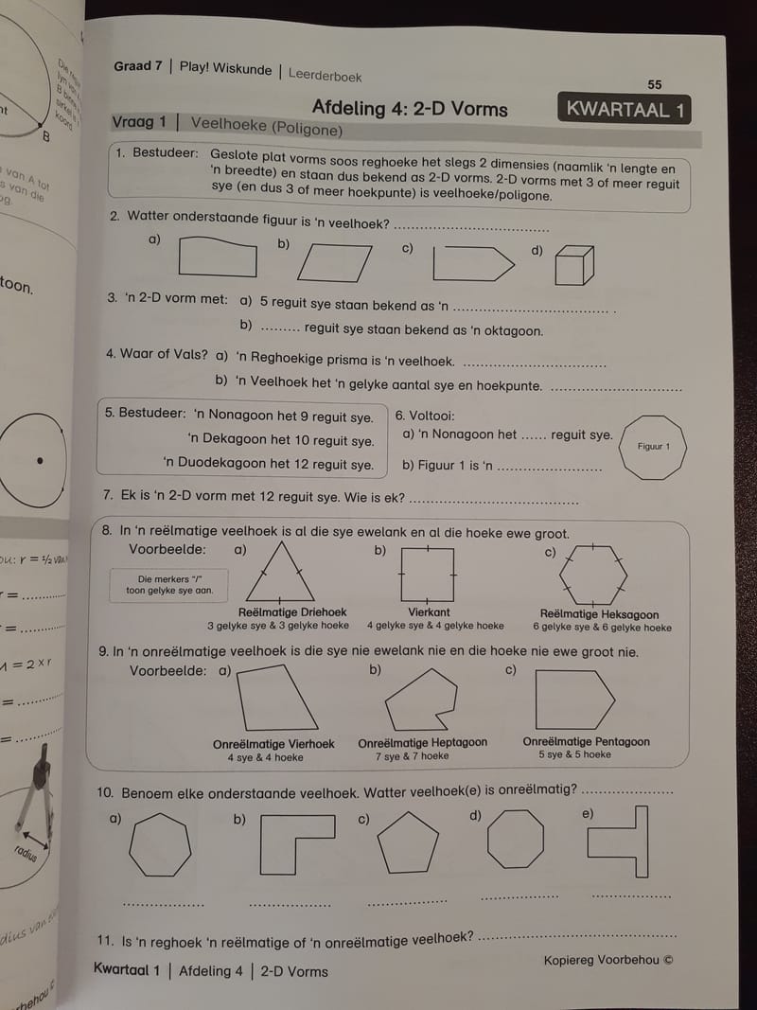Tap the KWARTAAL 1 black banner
(x=624, y=109)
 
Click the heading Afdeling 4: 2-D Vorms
(x=410, y=108)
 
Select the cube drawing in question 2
(x=573, y=264)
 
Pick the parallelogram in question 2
(x=334, y=262)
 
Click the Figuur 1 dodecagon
(x=653, y=446)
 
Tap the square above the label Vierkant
(x=429, y=575)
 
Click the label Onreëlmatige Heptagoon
(x=423, y=743)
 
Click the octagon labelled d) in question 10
(x=516, y=839)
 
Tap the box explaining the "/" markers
(x=170, y=585)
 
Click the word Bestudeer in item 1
(x=165, y=152)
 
